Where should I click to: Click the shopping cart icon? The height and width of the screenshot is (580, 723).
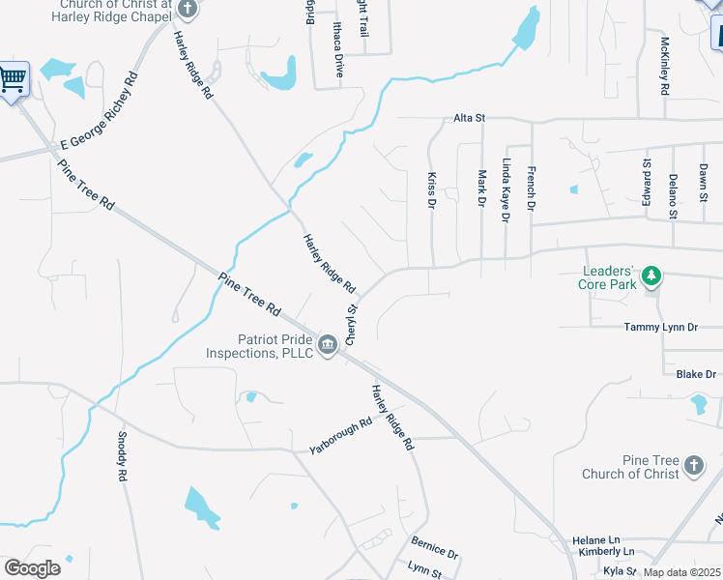(x=13, y=79)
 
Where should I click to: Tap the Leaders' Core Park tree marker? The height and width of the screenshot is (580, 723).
(x=652, y=278)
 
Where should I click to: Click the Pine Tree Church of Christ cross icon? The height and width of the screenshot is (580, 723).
(x=693, y=467)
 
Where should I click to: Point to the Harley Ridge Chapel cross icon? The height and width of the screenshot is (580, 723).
(x=188, y=10)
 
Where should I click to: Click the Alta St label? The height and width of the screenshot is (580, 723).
(x=469, y=118)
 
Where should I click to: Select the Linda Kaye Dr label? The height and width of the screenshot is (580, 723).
(x=505, y=190)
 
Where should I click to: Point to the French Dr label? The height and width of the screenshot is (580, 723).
(x=530, y=188)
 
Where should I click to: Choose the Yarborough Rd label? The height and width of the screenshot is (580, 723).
(x=340, y=437)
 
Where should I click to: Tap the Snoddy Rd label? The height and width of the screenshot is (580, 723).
(x=122, y=457)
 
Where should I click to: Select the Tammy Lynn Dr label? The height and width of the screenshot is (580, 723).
(x=660, y=328)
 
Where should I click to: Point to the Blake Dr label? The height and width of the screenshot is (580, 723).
(x=695, y=374)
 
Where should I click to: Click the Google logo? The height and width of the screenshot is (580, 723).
(x=32, y=567)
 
